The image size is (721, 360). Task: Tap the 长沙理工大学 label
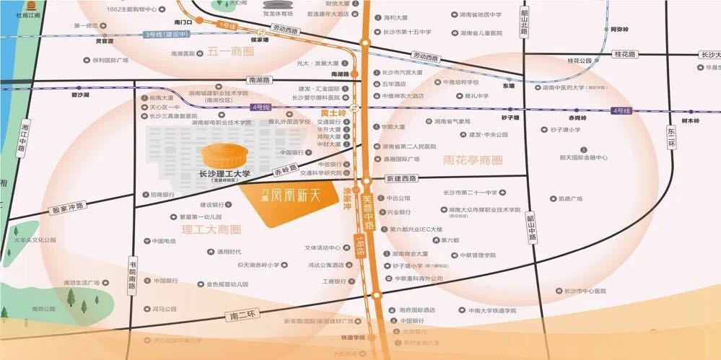pyautogui.click(x=224, y=174)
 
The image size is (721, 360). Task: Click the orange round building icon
pyautogui.click(x=225, y=155)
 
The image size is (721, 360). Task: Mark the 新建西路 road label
pyautogui.click(x=402, y=178)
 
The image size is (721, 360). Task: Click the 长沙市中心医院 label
pyautogui.click(x=585, y=291)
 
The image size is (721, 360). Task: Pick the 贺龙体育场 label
pyautogui.click(x=279, y=13)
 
